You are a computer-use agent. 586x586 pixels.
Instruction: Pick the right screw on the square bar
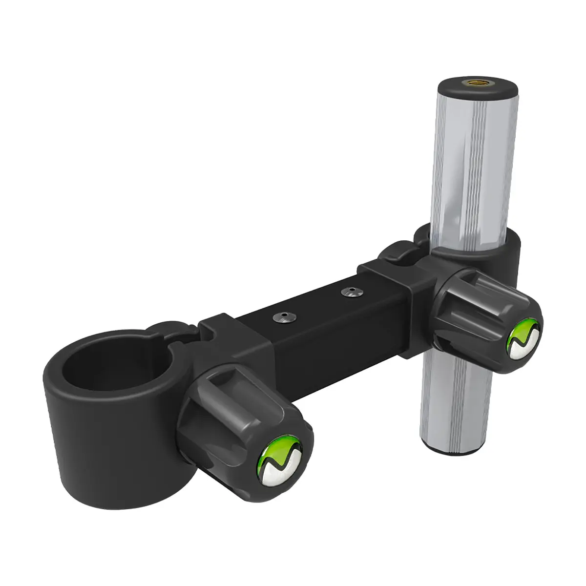(x=349, y=293)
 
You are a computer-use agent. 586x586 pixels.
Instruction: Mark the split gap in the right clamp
(x=400, y=254)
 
